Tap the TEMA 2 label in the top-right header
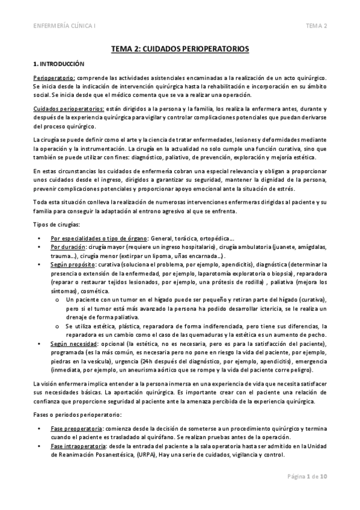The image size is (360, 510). coord(316,26)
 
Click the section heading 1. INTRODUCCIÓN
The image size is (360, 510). coord(58,63)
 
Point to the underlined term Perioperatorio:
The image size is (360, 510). coord(53,78)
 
